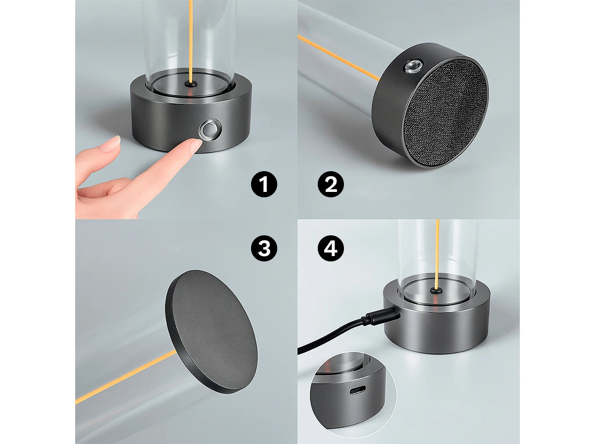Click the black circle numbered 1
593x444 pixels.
(x=264, y=185)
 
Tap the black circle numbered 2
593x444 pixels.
(x=331, y=185)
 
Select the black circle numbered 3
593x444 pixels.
(x=264, y=248)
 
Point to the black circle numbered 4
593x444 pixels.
(x=331, y=248)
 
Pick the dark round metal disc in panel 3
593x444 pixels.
(x=212, y=332)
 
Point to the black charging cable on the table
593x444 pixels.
(x=332, y=334)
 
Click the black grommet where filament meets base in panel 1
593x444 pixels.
(x=191, y=84)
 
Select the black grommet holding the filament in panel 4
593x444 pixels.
(x=436, y=290)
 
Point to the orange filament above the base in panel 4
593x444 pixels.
(x=437, y=254)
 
